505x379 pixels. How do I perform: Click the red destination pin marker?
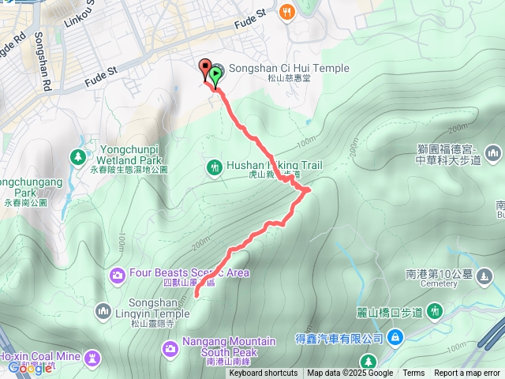205,69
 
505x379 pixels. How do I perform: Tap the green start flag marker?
215,75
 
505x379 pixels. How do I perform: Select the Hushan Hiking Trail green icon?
213,167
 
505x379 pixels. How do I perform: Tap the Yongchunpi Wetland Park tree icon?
78,156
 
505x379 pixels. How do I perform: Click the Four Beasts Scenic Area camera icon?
117,274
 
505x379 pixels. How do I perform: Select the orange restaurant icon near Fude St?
286,12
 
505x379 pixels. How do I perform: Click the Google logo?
29,367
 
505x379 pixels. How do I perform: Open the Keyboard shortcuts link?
264,373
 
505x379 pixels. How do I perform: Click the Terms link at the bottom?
413,373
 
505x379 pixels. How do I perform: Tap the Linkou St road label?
80,12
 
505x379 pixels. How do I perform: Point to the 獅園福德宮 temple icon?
493,152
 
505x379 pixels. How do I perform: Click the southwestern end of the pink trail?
195,296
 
